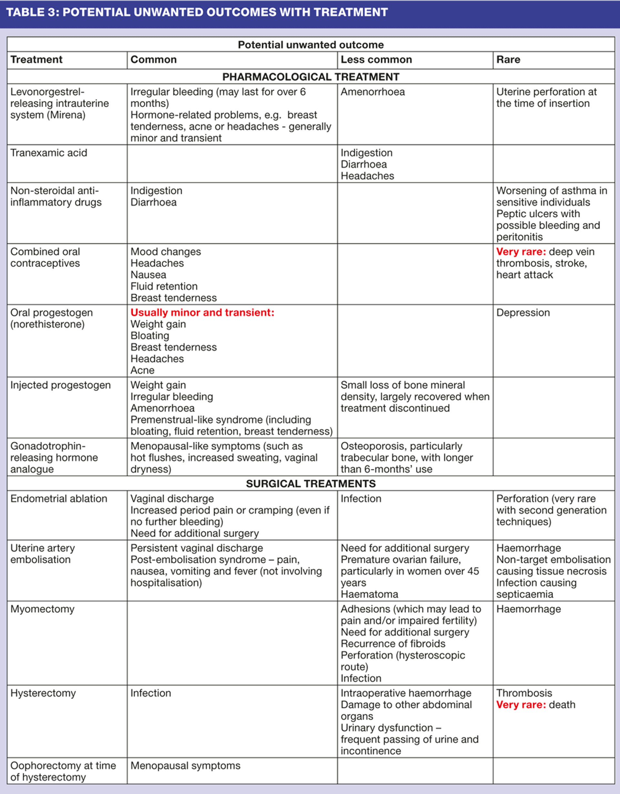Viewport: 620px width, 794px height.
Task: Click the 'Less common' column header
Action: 376,60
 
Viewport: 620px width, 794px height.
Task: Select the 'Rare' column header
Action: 508,60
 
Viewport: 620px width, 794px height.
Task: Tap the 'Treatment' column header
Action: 36,60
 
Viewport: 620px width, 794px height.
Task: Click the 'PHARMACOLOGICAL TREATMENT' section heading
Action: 311,77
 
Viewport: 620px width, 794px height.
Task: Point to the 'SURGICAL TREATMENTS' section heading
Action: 311,484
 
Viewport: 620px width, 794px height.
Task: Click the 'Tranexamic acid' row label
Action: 49,153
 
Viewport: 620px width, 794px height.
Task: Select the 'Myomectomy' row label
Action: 42,609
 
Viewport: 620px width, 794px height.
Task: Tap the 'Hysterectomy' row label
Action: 43,693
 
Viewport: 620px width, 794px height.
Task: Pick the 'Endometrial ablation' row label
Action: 58,498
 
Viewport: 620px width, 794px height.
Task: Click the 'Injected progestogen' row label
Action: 60,385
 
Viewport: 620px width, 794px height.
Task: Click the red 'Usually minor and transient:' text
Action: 202,313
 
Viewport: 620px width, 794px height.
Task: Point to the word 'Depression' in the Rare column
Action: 523,313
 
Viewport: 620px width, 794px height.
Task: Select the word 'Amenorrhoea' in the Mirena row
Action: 372,92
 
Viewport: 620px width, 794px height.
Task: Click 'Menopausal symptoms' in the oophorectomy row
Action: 185,766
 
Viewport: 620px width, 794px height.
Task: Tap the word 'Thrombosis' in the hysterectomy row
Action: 524,693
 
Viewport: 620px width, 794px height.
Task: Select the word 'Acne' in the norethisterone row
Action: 142,371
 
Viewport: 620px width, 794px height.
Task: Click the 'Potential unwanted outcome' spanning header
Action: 311,45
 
